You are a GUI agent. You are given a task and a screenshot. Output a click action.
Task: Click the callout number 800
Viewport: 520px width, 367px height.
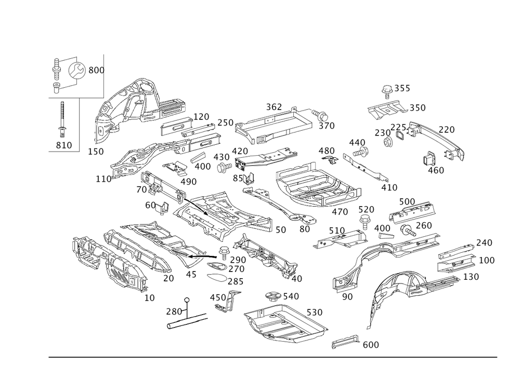[97, 70]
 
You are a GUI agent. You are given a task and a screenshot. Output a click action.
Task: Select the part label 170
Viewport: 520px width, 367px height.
[201, 116]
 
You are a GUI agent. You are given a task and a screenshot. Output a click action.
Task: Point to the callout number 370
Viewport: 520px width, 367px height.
[327, 126]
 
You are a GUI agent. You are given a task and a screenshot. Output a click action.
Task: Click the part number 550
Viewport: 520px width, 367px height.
[417, 108]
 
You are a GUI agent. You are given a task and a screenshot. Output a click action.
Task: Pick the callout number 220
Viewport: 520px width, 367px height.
[446, 129]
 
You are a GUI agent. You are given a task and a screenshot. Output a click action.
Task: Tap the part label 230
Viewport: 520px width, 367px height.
[382, 132]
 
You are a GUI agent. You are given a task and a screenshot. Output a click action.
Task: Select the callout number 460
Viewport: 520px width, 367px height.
[435, 169]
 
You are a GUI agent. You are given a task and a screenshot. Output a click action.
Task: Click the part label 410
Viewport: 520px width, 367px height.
[389, 187]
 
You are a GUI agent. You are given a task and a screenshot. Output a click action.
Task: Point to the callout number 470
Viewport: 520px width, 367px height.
[340, 211]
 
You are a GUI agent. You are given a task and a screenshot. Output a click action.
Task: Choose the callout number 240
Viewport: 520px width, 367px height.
[484, 242]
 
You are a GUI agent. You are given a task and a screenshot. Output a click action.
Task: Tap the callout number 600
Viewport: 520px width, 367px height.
[370, 344]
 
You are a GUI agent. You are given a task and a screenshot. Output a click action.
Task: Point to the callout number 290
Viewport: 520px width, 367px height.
[238, 259]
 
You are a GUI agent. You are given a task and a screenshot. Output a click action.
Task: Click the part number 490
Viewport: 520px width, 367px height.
[188, 182]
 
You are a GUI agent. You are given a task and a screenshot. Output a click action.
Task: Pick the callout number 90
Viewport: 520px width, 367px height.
[347, 297]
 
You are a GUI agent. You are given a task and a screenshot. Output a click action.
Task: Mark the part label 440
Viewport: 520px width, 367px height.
[357, 142]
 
